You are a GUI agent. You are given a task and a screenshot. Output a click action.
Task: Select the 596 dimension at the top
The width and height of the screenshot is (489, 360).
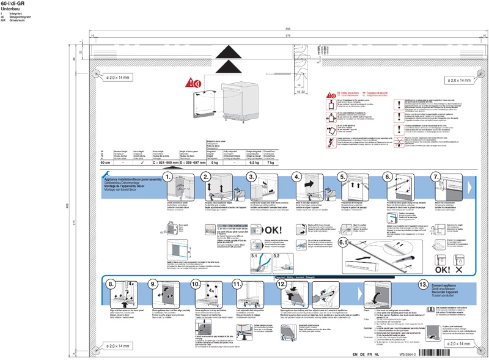pyautogui.click(x=279, y=29)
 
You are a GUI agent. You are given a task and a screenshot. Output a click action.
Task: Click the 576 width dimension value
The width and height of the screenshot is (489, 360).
pyautogui.click(x=279, y=35)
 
